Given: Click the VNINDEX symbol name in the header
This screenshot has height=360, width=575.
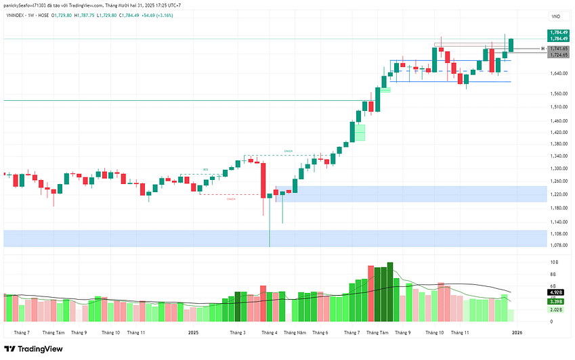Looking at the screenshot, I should tap(20, 15).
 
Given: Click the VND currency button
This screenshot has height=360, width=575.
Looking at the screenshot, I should tap(556, 16).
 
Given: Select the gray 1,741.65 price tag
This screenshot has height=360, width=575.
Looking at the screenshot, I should tap(559, 49).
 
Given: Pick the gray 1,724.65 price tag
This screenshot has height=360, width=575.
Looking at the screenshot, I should tap(559, 55).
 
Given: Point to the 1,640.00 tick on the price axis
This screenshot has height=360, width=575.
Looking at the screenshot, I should tap(558, 73).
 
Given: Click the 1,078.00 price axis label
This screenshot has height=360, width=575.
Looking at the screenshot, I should tap(558, 245).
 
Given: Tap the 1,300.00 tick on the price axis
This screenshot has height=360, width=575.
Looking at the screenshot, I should tap(558, 168).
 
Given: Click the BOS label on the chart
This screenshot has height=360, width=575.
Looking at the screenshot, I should tap(206, 169).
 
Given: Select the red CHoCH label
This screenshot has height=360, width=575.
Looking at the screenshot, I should tap(231, 199).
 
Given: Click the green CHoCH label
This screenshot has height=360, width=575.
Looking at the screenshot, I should tap(289, 150).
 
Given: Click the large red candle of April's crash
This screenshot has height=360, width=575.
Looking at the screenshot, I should tap(262, 180).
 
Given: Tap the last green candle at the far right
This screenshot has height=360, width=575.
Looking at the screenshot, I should tap(511, 45).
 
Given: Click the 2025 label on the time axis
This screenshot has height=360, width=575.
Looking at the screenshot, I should tap(193, 332).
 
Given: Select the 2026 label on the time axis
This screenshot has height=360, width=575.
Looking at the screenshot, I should tap(517, 332).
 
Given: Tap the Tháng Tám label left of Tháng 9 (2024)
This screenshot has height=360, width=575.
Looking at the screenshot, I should tap(54, 332).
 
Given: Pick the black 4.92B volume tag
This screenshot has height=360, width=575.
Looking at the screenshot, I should tap(556, 292).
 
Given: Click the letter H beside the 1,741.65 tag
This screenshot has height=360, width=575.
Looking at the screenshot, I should tap(542, 49).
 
